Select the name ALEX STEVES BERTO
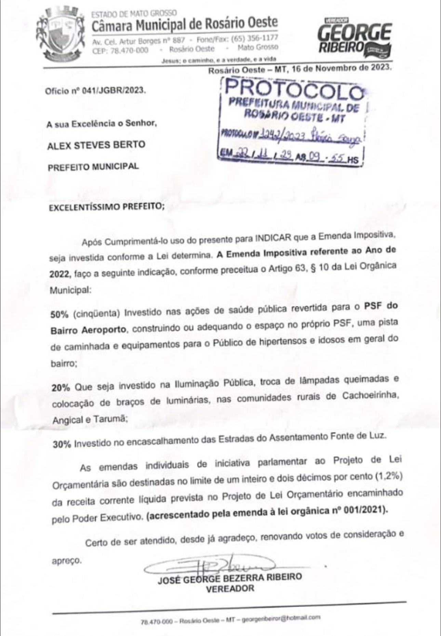click(x=96, y=144)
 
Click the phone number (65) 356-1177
click(x=254, y=38)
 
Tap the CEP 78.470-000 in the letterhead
click(x=120, y=50)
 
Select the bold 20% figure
click(x=61, y=388)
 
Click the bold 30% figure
click(x=62, y=444)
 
